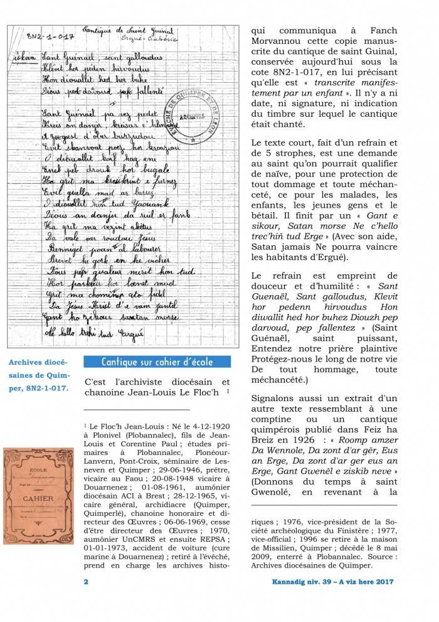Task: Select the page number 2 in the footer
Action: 85,582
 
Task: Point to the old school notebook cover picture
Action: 38,495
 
